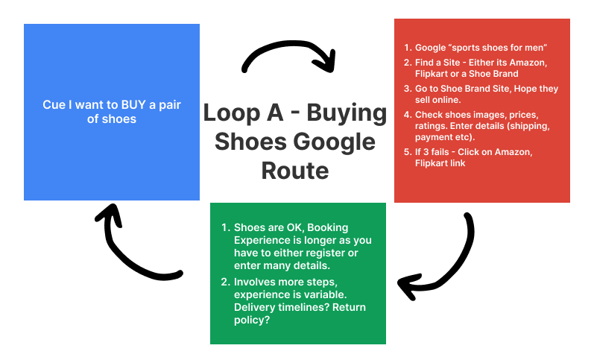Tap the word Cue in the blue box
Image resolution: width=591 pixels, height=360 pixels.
point(54,105)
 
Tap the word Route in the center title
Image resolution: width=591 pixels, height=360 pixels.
point(295,171)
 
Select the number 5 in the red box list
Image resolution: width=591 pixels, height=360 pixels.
point(406,152)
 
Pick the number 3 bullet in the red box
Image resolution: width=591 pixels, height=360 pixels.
point(406,89)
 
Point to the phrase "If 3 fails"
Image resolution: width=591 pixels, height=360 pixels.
point(440,152)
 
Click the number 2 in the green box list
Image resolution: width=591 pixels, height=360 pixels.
point(225,282)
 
